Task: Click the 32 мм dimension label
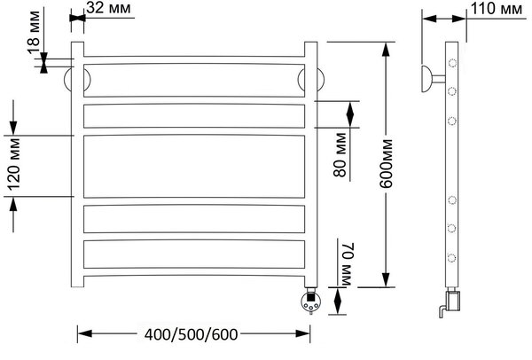[x=108, y=8]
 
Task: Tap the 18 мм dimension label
[x=35, y=32]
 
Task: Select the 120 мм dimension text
[x=14, y=164]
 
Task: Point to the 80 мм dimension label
[x=340, y=155]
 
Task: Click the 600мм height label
[x=386, y=163]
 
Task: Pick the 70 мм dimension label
[x=347, y=263]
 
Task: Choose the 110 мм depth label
[x=497, y=9]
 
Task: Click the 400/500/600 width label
[x=191, y=334]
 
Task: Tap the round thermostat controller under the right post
[x=310, y=301]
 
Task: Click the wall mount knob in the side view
[x=427, y=79]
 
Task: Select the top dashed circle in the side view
[x=452, y=63]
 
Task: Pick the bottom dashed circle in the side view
[x=451, y=258]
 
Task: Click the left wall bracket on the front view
[x=68, y=80]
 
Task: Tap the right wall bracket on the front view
[x=321, y=80]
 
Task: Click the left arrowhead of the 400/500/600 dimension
[x=84, y=333]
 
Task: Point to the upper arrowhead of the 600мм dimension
[x=385, y=49]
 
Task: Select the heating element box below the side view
[x=453, y=301]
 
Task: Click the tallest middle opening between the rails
[x=194, y=167]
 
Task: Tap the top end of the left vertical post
[x=77, y=42]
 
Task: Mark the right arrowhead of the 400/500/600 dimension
[x=302, y=333]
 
